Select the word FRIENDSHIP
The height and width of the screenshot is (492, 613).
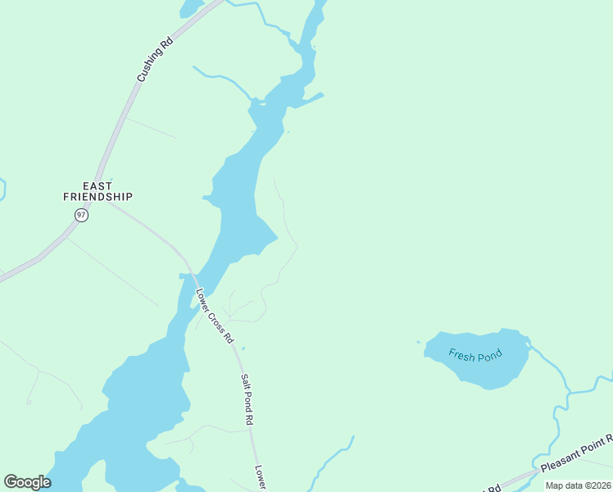pyautogui.click(x=98, y=197)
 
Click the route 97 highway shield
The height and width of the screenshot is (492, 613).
pyautogui.click(x=80, y=215)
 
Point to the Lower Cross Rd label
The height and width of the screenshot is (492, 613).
pyautogui.click(x=215, y=315)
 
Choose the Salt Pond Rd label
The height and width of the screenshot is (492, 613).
pyautogui.click(x=246, y=399)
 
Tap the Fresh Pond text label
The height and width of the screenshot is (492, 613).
pyautogui.click(x=475, y=356)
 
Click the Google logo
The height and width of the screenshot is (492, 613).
pyautogui.click(x=27, y=482)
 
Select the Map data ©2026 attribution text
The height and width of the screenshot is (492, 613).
pyautogui.click(x=578, y=485)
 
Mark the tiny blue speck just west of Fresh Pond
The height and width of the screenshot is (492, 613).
pyautogui.click(x=418, y=342)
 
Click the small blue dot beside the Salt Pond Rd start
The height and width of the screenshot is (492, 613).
pyautogui.click(x=243, y=348)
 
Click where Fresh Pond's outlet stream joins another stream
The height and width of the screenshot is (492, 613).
pyautogui.click(x=567, y=391)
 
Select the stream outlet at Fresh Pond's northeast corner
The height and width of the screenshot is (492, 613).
pyautogui.click(x=529, y=346)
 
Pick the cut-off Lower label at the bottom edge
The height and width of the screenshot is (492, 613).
pyautogui.click(x=260, y=479)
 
